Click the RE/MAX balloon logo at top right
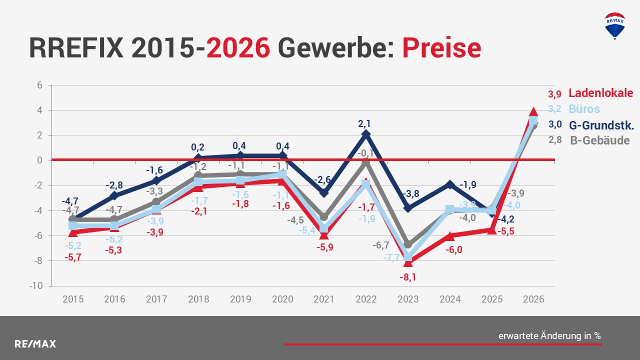coord(614,26)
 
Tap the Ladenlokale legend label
coord(601,93)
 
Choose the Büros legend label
coord(584,109)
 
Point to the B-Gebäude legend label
coord(599,140)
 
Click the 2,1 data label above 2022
coord(366,122)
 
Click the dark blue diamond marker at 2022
coord(366,134)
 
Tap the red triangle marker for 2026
coord(533,111)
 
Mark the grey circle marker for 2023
coord(408,244)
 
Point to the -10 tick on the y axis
coord(38,286)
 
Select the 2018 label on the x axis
coord(198,299)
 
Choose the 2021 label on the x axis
coord(324,299)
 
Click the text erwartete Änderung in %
coord(549,336)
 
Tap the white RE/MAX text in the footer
coord(35,344)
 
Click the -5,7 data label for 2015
coord(73,257)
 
